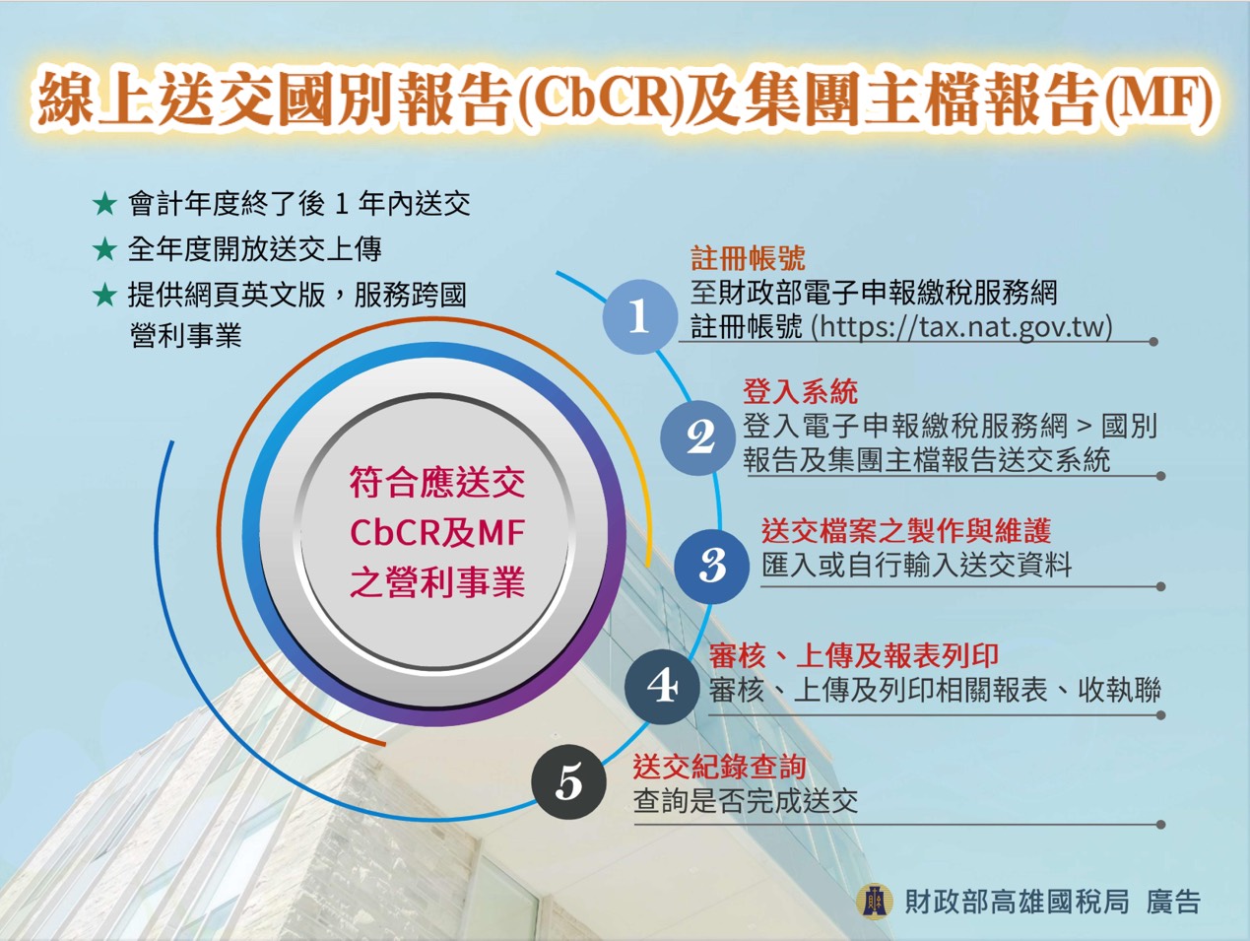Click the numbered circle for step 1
pyautogui.click(x=640, y=316)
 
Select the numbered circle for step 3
pyautogui.click(x=711, y=567)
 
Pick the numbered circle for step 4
pyautogui.click(x=662, y=687)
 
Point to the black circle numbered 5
pyautogui.click(x=568, y=782)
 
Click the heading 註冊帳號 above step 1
pyautogui.click(x=748, y=258)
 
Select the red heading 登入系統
pyautogui.click(x=800, y=391)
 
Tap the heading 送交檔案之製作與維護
pyautogui.click(x=906, y=531)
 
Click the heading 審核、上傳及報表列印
pyautogui.click(x=854, y=656)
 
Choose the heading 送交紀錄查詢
pyautogui.click(x=719, y=768)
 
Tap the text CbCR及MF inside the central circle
pyautogui.click(x=437, y=533)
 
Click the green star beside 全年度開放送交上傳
pyautogui.click(x=104, y=249)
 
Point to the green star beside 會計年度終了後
pyautogui.click(x=104, y=204)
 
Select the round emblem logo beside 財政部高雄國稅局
pyautogui.click(x=874, y=902)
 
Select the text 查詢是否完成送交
pyautogui.click(x=746, y=801)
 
